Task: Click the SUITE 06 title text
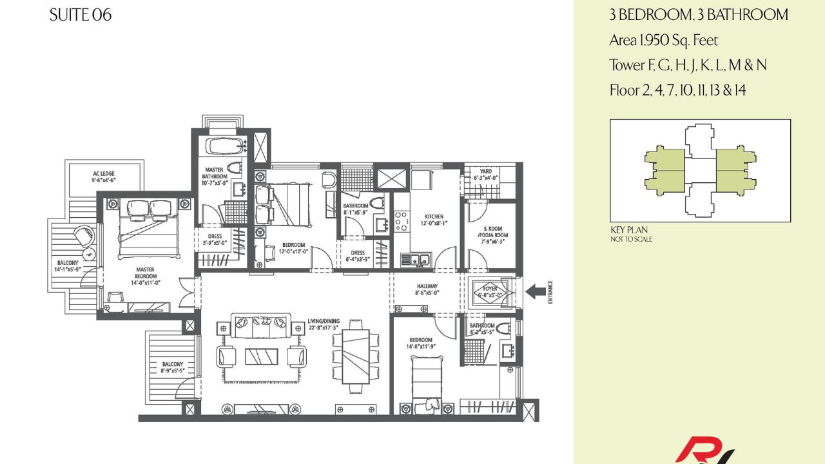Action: pos(80,15)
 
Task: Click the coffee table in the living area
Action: pos(261,356)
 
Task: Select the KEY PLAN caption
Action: pos(628,230)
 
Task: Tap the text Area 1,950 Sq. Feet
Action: pos(663,41)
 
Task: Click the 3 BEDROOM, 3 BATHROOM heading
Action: pos(698,15)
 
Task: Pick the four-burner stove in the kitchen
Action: pos(400,220)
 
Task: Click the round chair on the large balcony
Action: pos(83,236)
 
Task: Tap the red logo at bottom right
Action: pos(703,450)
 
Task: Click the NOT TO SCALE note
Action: pos(631,239)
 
